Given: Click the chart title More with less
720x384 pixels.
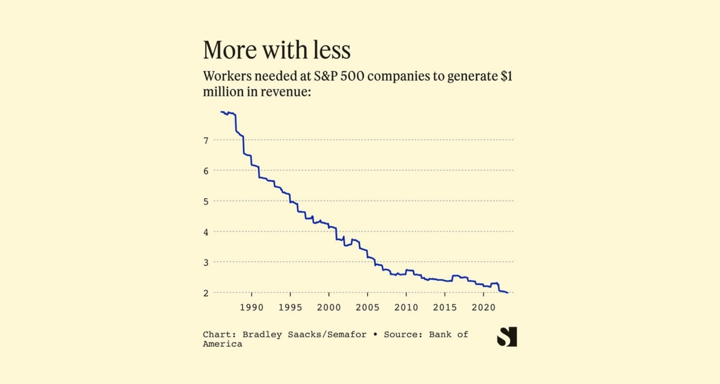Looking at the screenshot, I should point(277,50).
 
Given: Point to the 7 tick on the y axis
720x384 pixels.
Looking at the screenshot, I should point(206,140).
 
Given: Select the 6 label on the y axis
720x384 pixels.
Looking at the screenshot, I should point(206,171).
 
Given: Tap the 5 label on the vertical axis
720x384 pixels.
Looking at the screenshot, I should point(206,202).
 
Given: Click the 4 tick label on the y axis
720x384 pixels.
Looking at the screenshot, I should point(206,232).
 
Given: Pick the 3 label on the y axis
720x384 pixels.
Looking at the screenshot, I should point(206,263).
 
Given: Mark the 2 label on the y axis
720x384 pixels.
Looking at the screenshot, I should point(206,293).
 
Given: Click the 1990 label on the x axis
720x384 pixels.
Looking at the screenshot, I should point(251,308).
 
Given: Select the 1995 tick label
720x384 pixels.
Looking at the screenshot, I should point(290,308).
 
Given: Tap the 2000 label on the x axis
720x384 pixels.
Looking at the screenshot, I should point(329,308).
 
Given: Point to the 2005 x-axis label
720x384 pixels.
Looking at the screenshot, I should point(367,308).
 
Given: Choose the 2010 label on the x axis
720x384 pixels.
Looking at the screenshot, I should point(406,308).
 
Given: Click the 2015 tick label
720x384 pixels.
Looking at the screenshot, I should point(445,308).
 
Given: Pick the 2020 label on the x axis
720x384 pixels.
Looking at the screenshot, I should point(483,308).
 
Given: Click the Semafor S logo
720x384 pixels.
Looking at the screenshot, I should point(507,337).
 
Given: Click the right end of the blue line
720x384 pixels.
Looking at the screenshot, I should point(508,292).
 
